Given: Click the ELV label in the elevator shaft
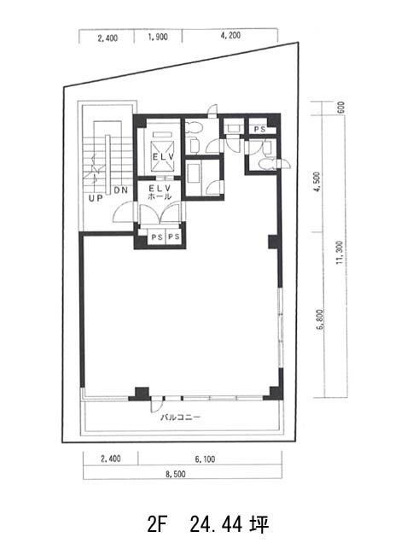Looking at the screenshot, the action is pos(163,157).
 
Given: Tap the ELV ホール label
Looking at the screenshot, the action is pos(160,192).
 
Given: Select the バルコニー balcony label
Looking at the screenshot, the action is pos(180,417).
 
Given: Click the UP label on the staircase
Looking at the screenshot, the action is pos(96,198).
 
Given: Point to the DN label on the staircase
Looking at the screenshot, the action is pos(120,190).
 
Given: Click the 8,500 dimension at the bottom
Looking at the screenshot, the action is pos(175,475).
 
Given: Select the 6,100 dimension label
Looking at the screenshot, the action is pos(205,458).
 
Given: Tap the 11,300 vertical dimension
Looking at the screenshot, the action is pos(339,253).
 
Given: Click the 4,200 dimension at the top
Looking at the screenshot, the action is pos(230,36).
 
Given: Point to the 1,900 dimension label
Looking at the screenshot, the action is pos(158,37).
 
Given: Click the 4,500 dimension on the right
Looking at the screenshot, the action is pos(317,182).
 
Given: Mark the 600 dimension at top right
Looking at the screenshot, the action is pos(341,107).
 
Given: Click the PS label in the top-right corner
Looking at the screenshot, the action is pos(259,129).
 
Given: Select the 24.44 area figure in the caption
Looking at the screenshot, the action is pos(216,525).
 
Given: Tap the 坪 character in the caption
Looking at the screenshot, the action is pos(259,525).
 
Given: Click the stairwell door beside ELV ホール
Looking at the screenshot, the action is pos(124,213).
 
